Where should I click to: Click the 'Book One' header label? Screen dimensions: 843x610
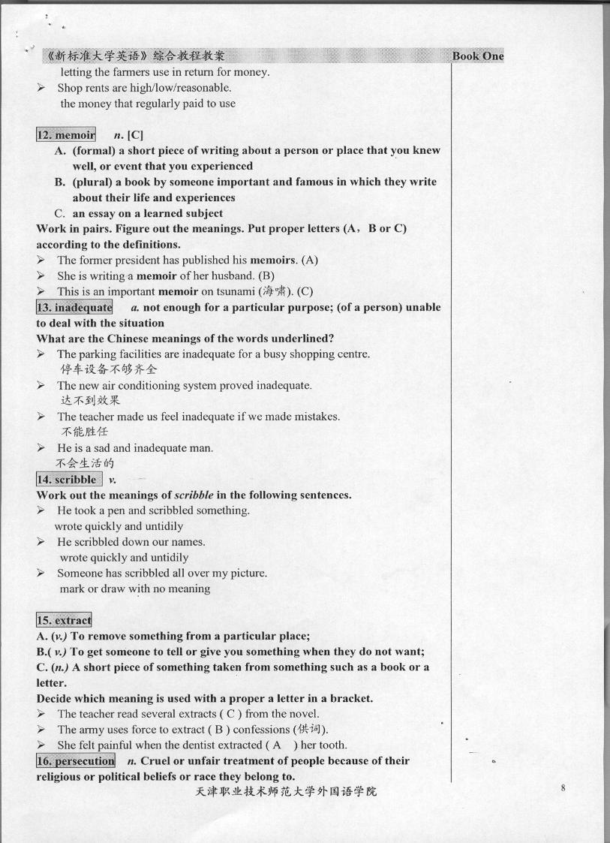[477, 56]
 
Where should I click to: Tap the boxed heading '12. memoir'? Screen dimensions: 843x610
[66, 135]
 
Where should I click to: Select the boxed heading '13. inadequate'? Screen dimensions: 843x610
[74, 307]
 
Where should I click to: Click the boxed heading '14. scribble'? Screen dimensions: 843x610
[68, 479]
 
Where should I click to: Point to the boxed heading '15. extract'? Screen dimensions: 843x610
[64, 620]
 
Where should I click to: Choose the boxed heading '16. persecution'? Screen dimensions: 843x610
[75, 760]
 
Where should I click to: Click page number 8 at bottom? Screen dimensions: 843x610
[562, 787]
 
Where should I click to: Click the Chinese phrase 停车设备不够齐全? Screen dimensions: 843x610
[109, 369]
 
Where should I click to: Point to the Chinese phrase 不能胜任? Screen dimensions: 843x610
[84, 432]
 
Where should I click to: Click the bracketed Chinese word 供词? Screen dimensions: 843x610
[311, 729]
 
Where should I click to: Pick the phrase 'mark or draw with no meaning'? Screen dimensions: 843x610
[135, 589]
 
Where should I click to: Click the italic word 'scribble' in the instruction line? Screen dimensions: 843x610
[194, 495]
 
